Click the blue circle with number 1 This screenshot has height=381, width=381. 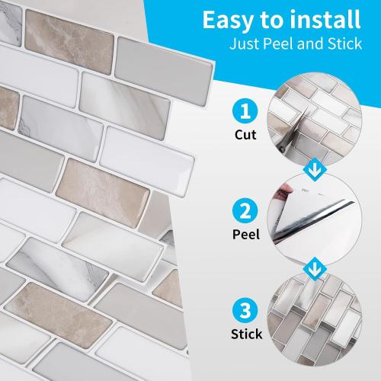[243, 114]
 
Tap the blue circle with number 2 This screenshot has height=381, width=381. [243, 210]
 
